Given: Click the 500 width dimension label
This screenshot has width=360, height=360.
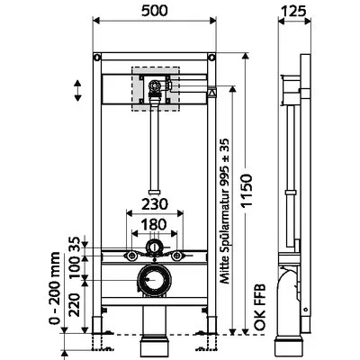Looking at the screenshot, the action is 154,11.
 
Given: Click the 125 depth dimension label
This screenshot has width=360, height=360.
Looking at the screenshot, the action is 294,11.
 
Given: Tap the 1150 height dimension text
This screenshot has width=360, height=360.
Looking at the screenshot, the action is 247,190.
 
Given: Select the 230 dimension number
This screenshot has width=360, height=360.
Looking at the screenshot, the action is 155,204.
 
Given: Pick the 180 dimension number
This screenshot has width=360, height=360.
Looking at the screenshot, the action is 154,224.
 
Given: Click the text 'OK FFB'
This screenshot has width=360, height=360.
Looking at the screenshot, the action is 260,308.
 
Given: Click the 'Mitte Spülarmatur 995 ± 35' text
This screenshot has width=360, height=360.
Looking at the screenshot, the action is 224,211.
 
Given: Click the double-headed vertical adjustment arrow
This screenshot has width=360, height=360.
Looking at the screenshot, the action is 77,90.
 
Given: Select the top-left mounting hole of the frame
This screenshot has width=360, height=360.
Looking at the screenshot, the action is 97,57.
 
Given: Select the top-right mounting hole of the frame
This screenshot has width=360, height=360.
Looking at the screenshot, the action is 211,57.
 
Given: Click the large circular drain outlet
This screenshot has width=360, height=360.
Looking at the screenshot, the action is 155,280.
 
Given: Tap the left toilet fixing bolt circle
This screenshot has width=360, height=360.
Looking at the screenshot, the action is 131,256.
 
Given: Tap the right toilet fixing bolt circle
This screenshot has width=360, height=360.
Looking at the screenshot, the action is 177,256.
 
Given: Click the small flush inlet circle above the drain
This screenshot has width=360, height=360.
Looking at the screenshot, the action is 155,247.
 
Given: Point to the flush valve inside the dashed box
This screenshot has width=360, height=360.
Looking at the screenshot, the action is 155,89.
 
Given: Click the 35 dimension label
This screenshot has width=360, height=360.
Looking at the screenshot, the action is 75,244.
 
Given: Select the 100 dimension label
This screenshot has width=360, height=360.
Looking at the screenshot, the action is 75,266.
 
